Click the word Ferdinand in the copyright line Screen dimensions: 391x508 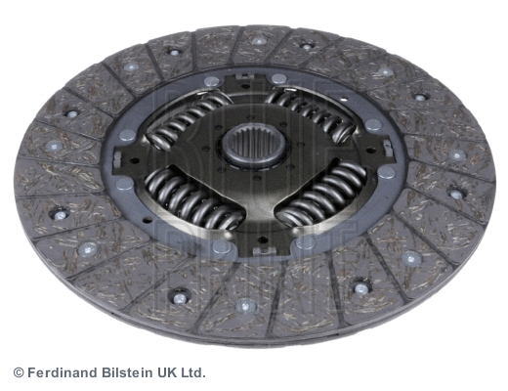(62, 372)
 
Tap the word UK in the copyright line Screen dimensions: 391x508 (169, 372)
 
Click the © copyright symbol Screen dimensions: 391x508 (18, 372)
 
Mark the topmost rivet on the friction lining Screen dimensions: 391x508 (259, 41)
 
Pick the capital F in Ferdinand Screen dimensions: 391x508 (31, 372)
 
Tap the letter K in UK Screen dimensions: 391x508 (175, 372)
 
